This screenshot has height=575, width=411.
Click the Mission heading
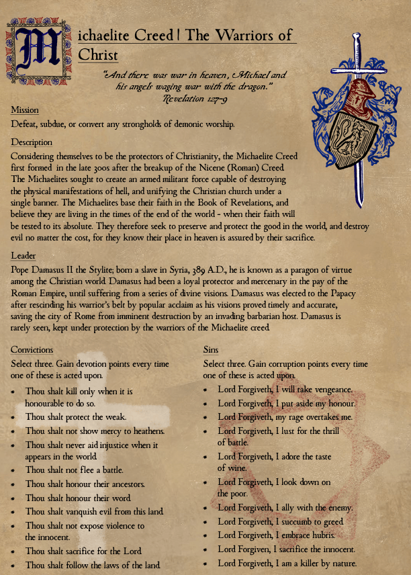tap(25, 110)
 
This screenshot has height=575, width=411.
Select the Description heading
tap(32, 142)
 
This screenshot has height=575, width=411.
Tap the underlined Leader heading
tap(24, 256)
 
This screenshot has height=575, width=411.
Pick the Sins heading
tap(211, 350)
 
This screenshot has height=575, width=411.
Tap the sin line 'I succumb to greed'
tap(280, 522)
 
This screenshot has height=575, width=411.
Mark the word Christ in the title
tap(98, 55)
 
